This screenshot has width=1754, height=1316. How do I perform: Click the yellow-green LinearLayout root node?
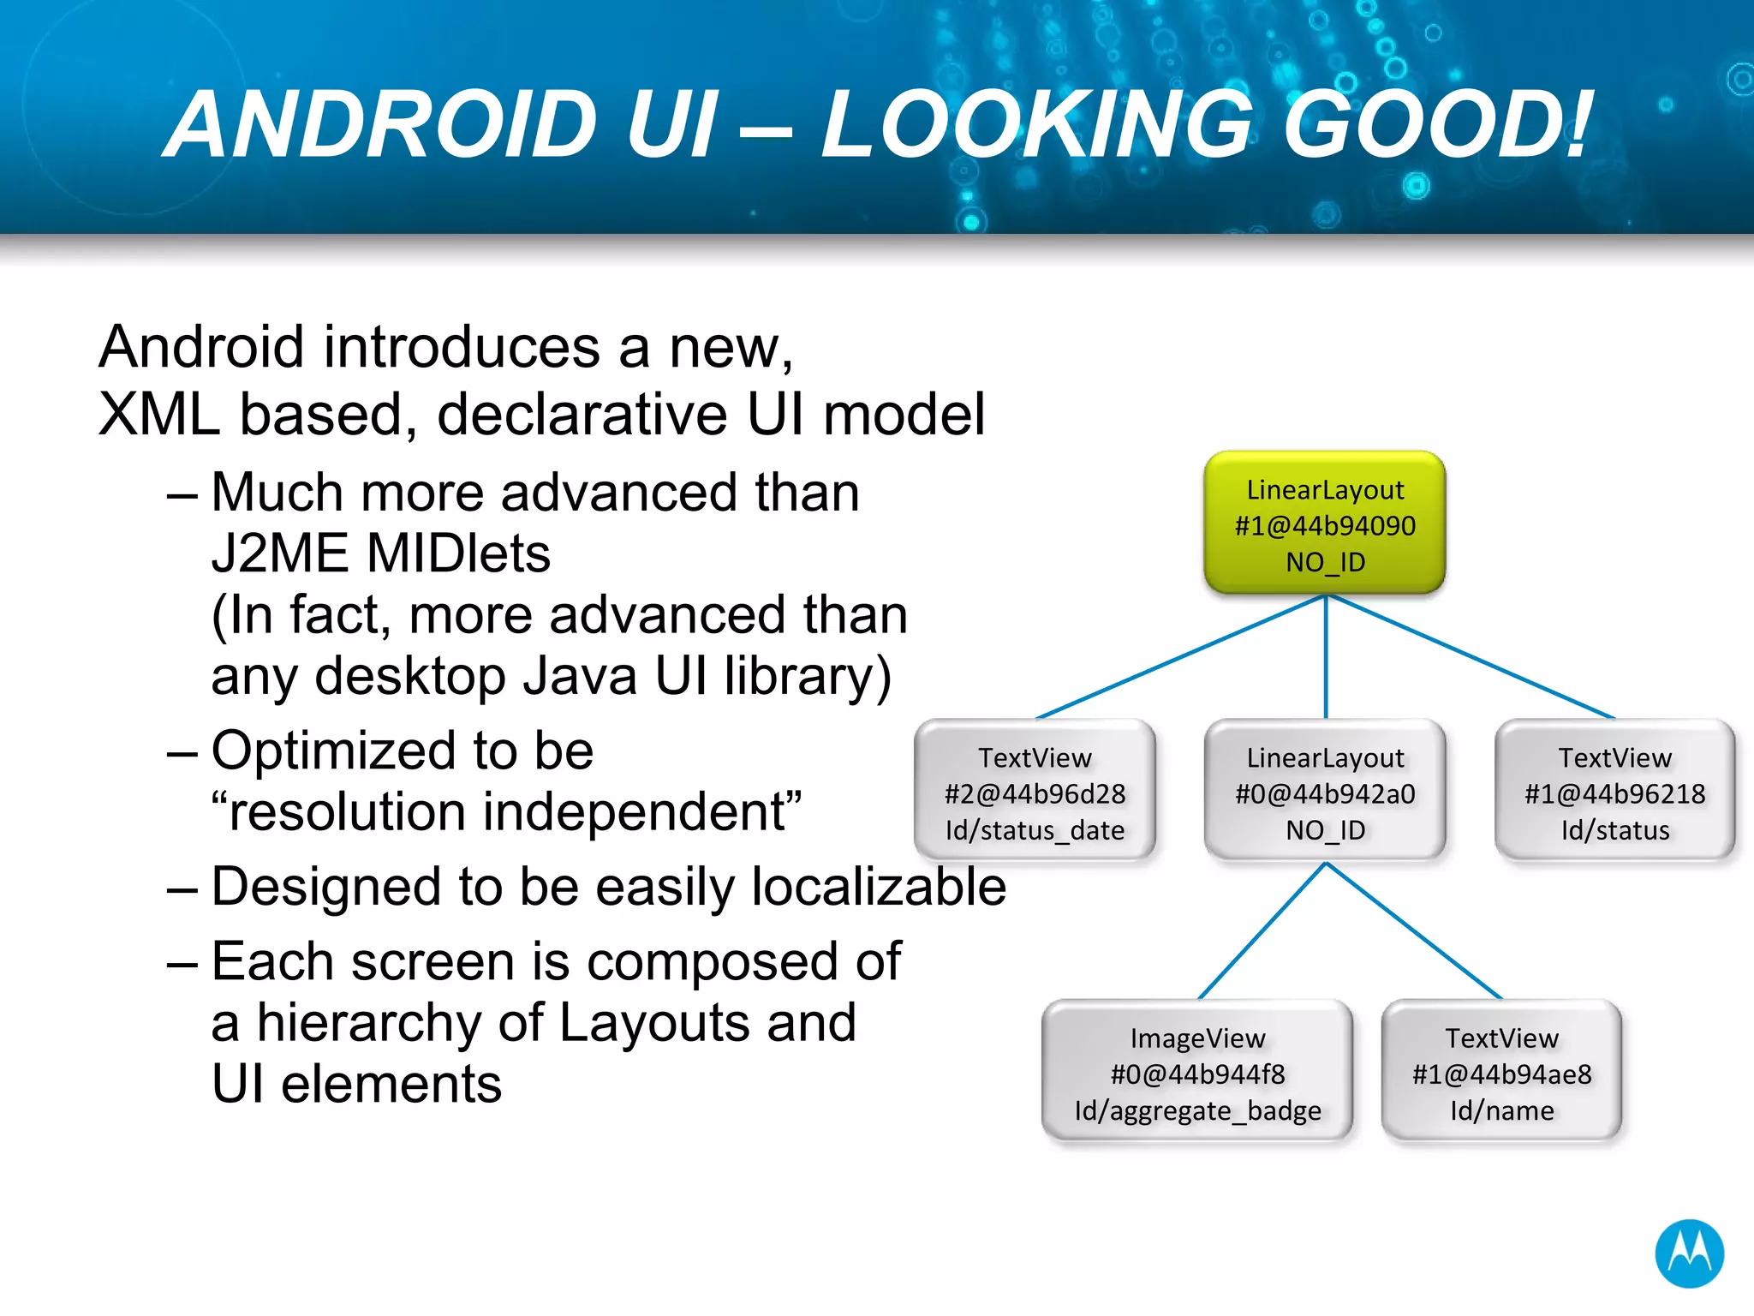[1324, 523]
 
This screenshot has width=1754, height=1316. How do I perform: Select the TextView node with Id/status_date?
[1035, 792]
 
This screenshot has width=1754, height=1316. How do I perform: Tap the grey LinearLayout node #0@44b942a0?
[1324, 792]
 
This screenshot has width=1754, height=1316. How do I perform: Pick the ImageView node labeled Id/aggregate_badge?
[1197, 1073]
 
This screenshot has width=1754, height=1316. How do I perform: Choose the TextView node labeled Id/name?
[1501, 1073]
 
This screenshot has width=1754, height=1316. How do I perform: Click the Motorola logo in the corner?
[1689, 1253]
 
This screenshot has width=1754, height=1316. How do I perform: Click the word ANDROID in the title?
[380, 125]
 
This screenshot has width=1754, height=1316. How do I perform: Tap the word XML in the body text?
[158, 415]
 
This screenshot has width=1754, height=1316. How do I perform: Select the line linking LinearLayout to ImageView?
[1262, 930]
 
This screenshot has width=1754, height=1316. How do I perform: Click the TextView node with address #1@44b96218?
[1614, 792]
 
